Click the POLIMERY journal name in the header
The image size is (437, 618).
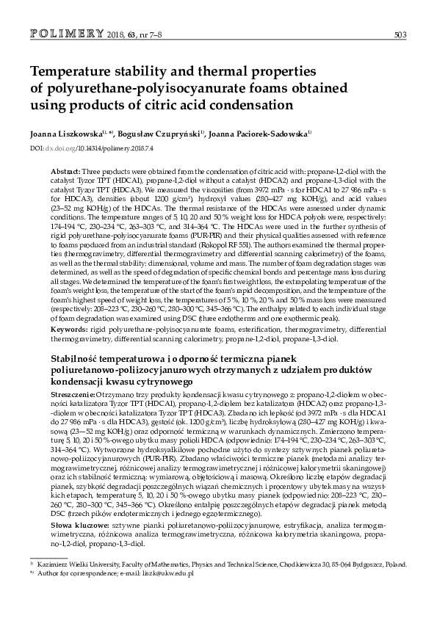67,34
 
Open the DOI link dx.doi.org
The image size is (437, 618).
57,148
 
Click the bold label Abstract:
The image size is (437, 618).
62,170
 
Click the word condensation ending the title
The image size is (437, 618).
250,105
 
